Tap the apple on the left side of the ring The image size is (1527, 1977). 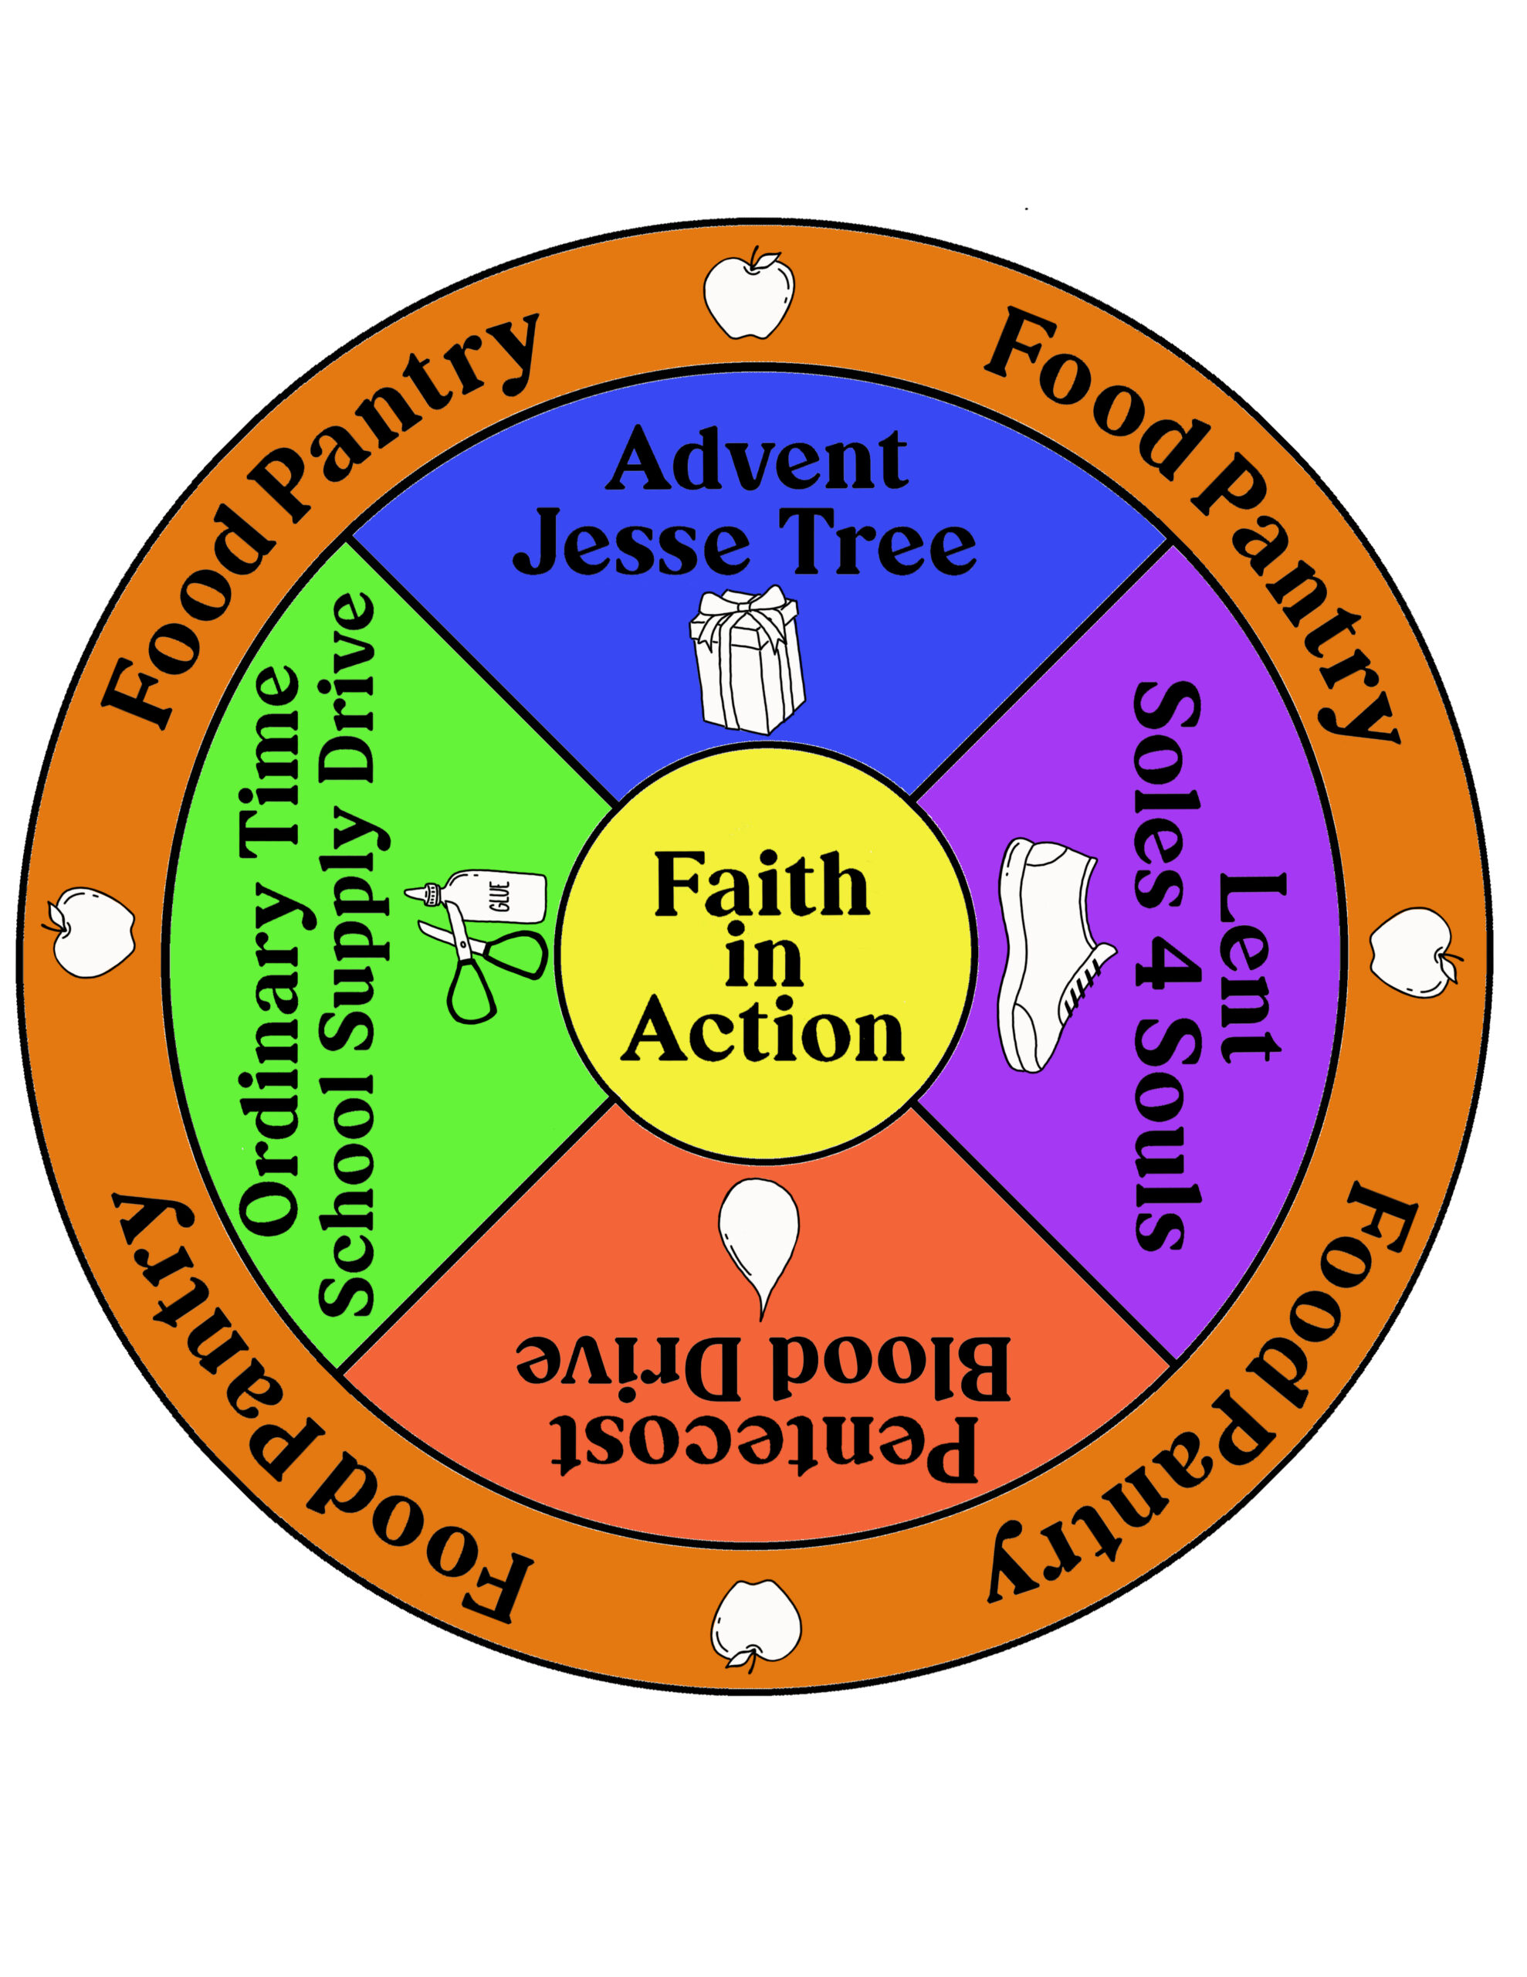click(90, 931)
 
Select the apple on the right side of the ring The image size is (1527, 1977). click(1413, 953)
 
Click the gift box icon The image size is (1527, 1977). click(747, 658)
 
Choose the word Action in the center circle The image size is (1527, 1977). click(763, 1031)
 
